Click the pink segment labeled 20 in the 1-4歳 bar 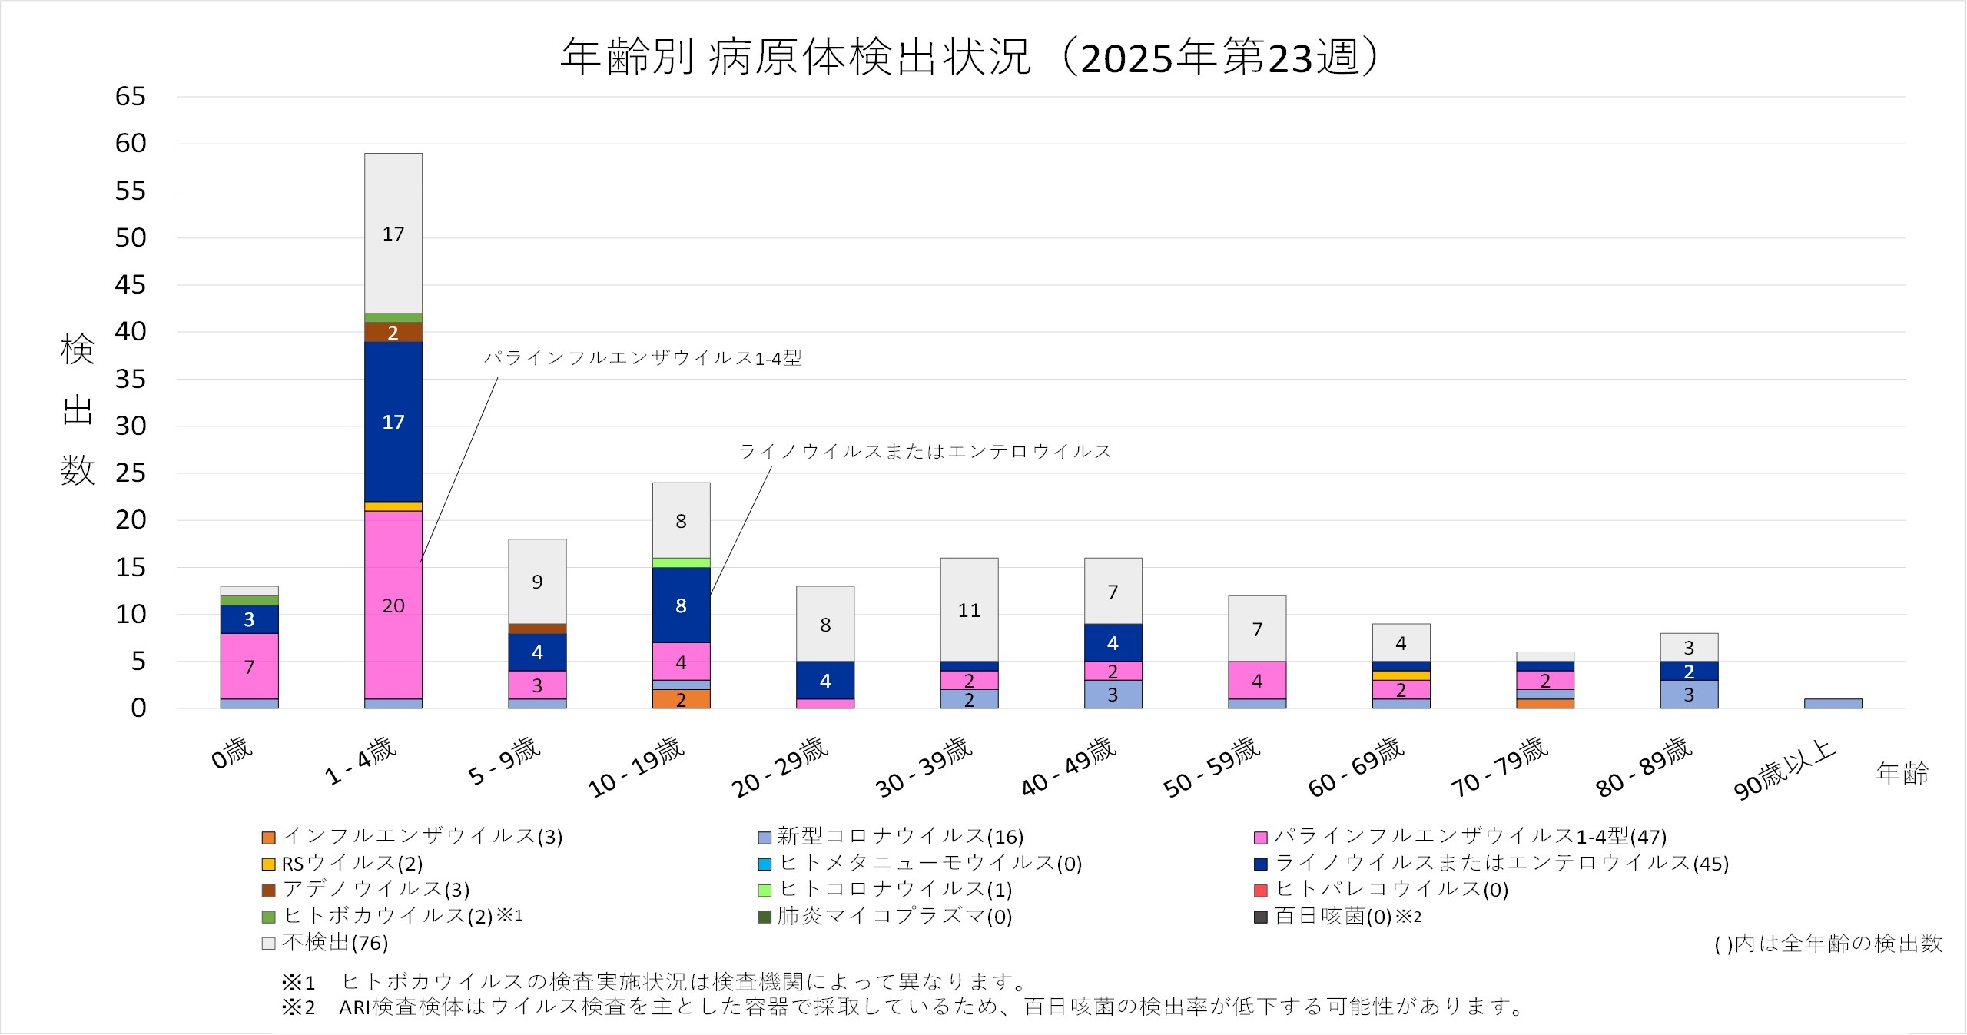click(x=393, y=605)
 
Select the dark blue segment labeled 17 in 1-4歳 click(x=393, y=421)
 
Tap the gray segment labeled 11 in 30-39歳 click(x=969, y=609)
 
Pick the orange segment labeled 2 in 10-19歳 click(x=681, y=699)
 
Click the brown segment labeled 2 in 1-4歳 click(x=393, y=332)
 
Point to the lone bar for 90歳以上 click(x=1833, y=703)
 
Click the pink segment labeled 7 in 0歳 click(x=249, y=666)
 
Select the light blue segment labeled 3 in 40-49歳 click(x=1113, y=694)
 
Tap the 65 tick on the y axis click(x=130, y=97)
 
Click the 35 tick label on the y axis click(x=130, y=379)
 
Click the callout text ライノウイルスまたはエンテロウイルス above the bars click(x=925, y=451)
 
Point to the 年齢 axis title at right click(x=1902, y=773)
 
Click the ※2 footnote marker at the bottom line click(x=298, y=1007)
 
